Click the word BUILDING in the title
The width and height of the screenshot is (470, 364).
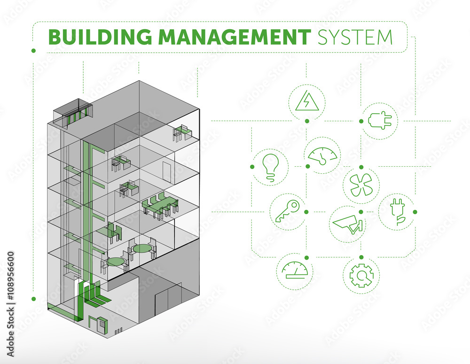point(100,37)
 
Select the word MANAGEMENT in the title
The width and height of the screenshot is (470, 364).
point(235,37)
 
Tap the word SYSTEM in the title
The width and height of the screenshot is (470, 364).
point(355,37)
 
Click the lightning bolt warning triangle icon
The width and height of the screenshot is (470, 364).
point(307,101)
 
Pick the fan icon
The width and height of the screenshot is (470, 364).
point(361,185)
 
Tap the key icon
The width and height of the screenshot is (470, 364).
point(288,211)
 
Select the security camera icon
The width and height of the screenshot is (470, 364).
point(348,224)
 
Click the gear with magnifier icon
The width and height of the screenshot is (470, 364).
point(361,275)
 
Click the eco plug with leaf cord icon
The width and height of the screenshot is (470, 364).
point(398,211)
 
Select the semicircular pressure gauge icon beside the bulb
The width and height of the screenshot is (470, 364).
point(322,155)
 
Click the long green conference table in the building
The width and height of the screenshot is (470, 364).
point(160,205)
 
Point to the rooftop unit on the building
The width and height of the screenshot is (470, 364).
point(72,114)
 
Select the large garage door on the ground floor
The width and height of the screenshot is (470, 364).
point(168,299)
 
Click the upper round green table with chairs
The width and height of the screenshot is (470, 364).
point(142,248)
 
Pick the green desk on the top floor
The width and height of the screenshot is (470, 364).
point(181,132)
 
